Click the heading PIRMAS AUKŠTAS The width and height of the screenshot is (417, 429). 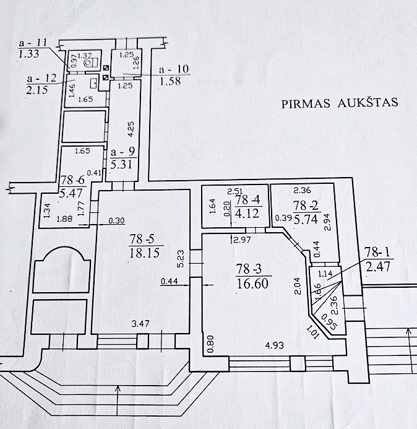tap(340, 103)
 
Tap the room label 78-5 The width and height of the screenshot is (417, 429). tap(142, 239)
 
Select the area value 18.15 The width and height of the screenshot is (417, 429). tap(144, 253)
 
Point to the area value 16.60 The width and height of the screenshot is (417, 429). tap(252, 283)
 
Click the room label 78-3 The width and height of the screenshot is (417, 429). tap(249, 269)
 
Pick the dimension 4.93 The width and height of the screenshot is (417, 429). tap(275, 345)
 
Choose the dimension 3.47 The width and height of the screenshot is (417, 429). tap(140, 324)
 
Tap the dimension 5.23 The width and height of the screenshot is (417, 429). tap(181, 259)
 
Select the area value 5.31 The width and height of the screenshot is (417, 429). tap(121, 164)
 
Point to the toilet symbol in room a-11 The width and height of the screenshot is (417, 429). tap(92, 64)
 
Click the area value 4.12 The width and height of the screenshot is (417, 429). tap(247, 213)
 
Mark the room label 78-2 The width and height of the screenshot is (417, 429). tap(306, 205)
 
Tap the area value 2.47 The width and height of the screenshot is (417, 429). tap(378, 266)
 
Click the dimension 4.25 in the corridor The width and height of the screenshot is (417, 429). tap(131, 129)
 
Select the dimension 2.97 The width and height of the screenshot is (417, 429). tap(242, 240)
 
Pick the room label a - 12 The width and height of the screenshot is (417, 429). tap(42, 79)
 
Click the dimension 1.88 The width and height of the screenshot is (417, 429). tap(64, 219)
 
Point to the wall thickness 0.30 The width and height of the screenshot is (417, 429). tap(116, 220)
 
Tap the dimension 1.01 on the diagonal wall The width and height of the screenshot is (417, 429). tap(312, 332)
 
